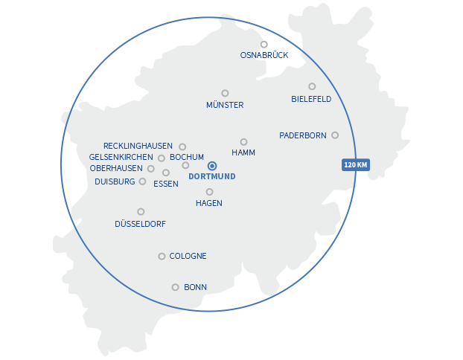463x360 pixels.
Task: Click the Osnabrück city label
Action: click(x=264, y=55)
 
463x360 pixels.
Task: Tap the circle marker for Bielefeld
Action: click(x=312, y=86)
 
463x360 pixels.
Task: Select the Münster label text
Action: click(x=225, y=105)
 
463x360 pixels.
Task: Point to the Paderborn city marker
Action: click(x=335, y=135)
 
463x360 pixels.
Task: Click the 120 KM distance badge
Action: click(x=356, y=164)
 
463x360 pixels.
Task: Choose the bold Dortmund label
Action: click(x=212, y=177)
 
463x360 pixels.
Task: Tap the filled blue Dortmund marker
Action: click(x=212, y=166)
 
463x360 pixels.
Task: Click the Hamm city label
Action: click(x=243, y=152)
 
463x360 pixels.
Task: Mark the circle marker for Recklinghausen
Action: click(x=182, y=147)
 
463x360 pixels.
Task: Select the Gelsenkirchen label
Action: click(x=121, y=158)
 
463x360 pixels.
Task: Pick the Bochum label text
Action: click(x=187, y=157)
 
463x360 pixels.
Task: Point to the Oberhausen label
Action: click(x=116, y=169)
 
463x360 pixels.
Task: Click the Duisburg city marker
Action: click(x=142, y=181)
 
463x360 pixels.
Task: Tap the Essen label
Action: click(x=165, y=184)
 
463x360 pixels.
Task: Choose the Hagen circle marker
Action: click(x=209, y=192)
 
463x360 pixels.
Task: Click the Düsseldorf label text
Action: click(x=140, y=223)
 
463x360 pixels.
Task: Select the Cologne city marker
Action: click(x=162, y=257)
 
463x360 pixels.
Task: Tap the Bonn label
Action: click(x=195, y=287)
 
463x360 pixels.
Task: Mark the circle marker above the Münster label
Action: click(x=225, y=93)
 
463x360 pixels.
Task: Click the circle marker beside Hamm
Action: click(x=243, y=141)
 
